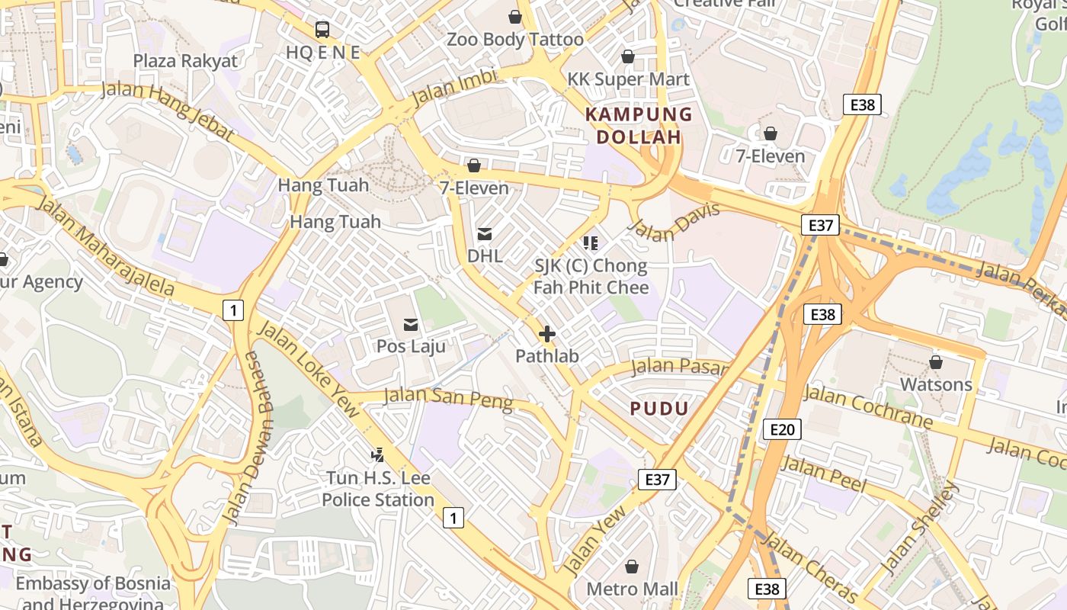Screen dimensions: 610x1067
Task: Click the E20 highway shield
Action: click(782, 429)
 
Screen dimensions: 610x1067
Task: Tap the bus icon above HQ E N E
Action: click(322, 30)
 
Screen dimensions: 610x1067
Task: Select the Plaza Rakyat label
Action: click(185, 61)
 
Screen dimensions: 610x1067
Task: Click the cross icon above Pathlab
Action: click(546, 334)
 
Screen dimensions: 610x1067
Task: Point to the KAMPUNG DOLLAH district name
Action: click(638, 126)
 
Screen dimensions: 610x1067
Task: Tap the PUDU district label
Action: click(659, 408)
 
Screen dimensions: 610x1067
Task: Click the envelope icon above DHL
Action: click(485, 233)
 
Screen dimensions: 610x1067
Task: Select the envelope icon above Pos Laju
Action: click(411, 325)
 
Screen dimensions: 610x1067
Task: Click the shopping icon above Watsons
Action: click(935, 362)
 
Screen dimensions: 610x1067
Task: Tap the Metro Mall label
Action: click(632, 589)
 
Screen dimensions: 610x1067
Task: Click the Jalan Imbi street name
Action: click(453, 88)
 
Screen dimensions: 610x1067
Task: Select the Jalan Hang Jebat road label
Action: click(167, 111)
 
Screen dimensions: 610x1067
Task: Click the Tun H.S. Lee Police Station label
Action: click(378, 490)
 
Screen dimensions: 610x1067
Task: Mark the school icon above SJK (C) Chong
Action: click(590, 243)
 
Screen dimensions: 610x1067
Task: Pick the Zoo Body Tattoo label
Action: click(515, 40)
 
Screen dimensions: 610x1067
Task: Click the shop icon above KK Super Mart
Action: click(628, 57)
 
